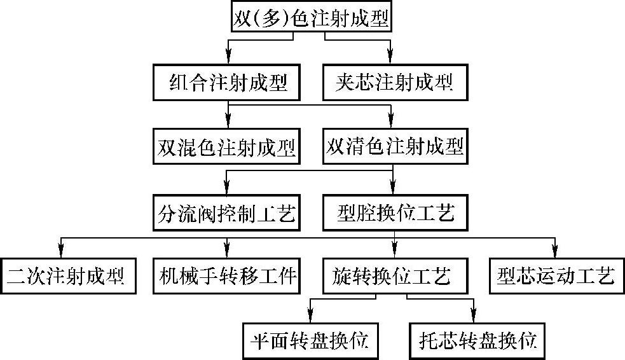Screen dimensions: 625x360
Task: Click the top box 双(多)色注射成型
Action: click(x=312, y=16)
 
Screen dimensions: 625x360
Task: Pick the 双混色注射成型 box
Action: click(x=226, y=146)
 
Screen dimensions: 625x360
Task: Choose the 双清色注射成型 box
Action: click(x=395, y=146)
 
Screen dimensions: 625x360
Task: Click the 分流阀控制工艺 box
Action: click(x=226, y=213)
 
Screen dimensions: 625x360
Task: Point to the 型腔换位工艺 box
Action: click(x=395, y=213)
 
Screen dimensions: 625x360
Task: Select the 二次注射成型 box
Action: click(x=68, y=276)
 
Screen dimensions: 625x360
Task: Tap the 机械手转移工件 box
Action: click(x=226, y=276)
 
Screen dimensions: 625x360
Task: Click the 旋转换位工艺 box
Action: click(x=395, y=276)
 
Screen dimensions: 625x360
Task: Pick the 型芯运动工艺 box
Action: click(x=556, y=276)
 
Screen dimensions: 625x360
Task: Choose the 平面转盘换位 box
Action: click(x=310, y=341)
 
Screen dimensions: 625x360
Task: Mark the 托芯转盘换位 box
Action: click(x=477, y=341)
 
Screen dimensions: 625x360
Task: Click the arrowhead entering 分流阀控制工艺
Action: click(x=227, y=188)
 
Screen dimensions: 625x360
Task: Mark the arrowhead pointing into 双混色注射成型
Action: click(x=228, y=121)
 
